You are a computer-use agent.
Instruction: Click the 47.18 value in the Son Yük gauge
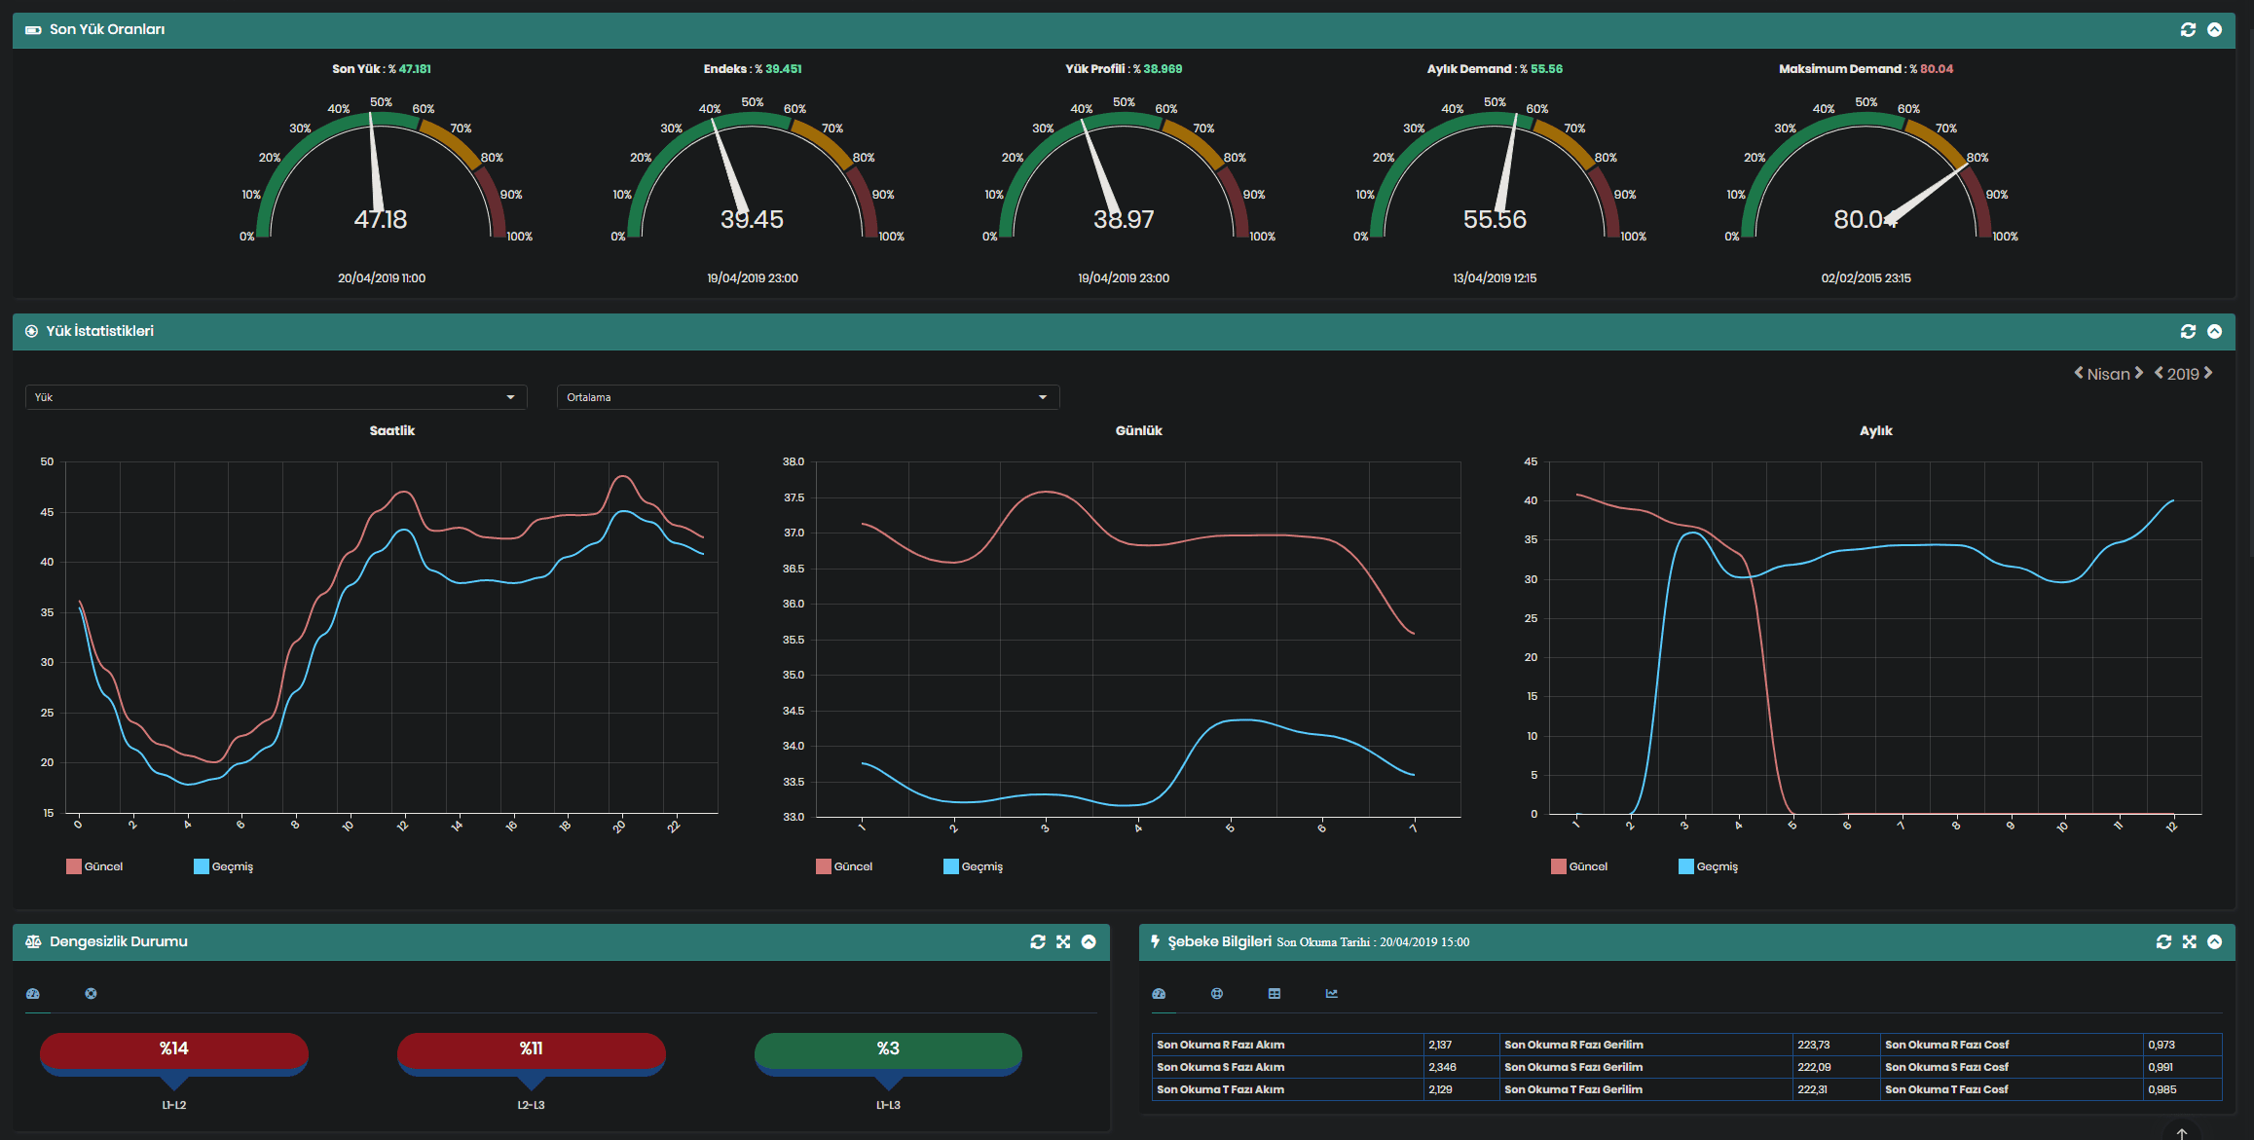(381, 219)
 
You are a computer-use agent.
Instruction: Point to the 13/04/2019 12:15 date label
(1494, 278)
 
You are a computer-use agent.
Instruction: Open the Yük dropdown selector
(276, 397)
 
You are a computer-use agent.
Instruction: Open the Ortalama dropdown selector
(807, 397)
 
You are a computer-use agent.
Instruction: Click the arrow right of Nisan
(2139, 373)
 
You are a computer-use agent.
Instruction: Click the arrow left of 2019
(2159, 373)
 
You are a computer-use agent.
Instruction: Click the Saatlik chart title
(391, 430)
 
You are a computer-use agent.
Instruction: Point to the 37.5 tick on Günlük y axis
(794, 497)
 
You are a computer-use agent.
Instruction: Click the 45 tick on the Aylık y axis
(1531, 461)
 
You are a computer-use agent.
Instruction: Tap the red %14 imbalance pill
(174, 1048)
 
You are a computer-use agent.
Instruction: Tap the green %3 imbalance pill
(888, 1048)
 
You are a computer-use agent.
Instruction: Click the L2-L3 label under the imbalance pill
(531, 1105)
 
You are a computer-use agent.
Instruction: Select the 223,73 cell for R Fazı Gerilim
(1813, 1045)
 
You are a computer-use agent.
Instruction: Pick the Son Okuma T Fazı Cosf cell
(1946, 1089)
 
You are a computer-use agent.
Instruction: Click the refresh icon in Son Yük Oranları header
(2188, 30)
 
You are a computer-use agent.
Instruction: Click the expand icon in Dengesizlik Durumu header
(1063, 941)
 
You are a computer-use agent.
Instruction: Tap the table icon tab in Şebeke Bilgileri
(1275, 994)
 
